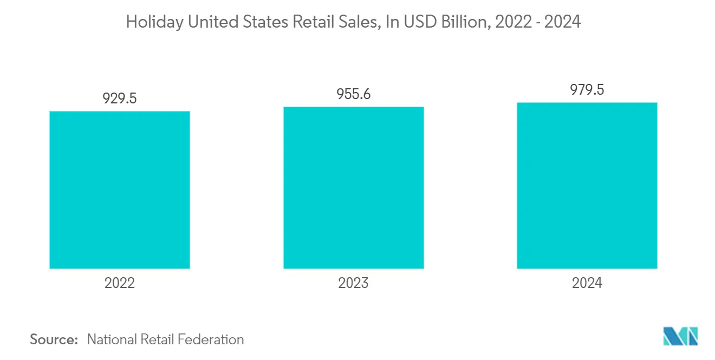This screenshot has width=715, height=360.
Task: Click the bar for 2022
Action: click(x=120, y=189)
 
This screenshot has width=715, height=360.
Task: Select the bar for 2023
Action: click(x=353, y=187)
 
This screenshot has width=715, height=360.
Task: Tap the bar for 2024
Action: click(x=587, y=185)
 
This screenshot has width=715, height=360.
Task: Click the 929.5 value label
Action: click(x=120, y=99)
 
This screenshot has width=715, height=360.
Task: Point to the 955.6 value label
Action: click(x=353, y=94)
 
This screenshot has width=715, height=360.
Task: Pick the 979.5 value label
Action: click(x=587, y=90)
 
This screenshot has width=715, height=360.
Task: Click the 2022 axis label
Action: click(x=120, y=283)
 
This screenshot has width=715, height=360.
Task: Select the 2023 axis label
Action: click(x=353, y=283)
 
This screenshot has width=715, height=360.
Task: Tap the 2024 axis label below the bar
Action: click(x=587, y=283)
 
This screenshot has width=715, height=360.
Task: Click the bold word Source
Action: click(x=54, y=339)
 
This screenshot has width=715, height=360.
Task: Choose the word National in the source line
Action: click(x=112, y=339)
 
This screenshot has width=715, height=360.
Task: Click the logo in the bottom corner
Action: click(x=681, y=336)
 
